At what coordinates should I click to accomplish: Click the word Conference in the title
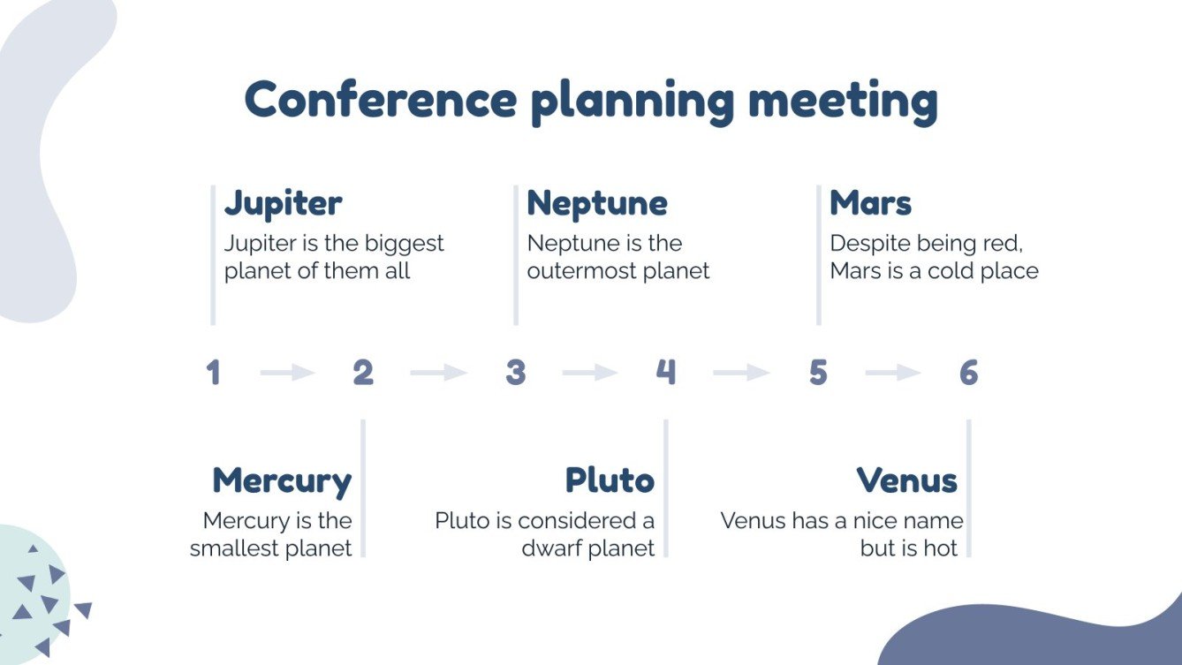(x=380, y=99)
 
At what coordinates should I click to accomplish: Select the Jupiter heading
(x=283, y=203)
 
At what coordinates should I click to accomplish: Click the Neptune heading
(x=597, y=203)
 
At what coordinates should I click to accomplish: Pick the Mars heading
(x=870, y=203)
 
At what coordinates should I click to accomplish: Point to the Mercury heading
(x=282, y=481)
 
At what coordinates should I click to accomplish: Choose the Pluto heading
(x=610, y=481)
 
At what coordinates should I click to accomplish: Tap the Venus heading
(x=907, y=481)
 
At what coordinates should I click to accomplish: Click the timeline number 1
(x=213, y=373)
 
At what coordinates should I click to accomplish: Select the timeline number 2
(x=363, y=373)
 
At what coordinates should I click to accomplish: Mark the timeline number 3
(x=515, y=373)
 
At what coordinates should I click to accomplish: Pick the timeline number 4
(x=666, y=373)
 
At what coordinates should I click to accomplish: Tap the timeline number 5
(x=818, y=373)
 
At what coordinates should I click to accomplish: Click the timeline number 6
(x=969, y=373)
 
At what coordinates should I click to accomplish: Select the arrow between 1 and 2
(x=288, y=373)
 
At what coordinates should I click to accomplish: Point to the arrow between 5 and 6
(x=893, y=373)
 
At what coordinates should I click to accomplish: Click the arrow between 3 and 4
(x=590, y=373)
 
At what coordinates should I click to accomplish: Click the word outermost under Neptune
(x=580, y=271)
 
